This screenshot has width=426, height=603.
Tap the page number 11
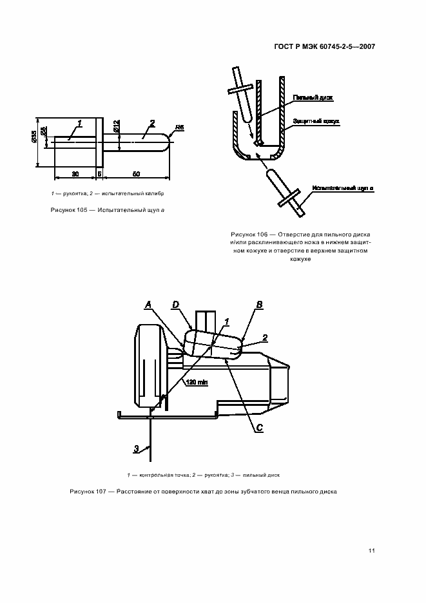[372, 550]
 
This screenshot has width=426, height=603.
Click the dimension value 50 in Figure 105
[137, 174]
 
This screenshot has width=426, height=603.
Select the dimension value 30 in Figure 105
[75, 174]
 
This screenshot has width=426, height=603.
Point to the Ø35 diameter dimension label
[34, 138]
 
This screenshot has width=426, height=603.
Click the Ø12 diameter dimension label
[116, 126]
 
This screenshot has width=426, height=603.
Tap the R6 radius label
[180, 128]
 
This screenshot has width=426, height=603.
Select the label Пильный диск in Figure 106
[312, 97]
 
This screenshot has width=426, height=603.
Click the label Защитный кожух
[316, 120]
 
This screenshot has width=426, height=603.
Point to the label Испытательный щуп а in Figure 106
[343, 187]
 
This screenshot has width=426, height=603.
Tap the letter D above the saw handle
[176, 304]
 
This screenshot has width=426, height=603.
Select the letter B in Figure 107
[258, 304]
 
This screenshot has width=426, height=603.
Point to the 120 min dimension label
[197, 383]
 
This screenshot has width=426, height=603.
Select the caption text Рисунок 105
[72, 211]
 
